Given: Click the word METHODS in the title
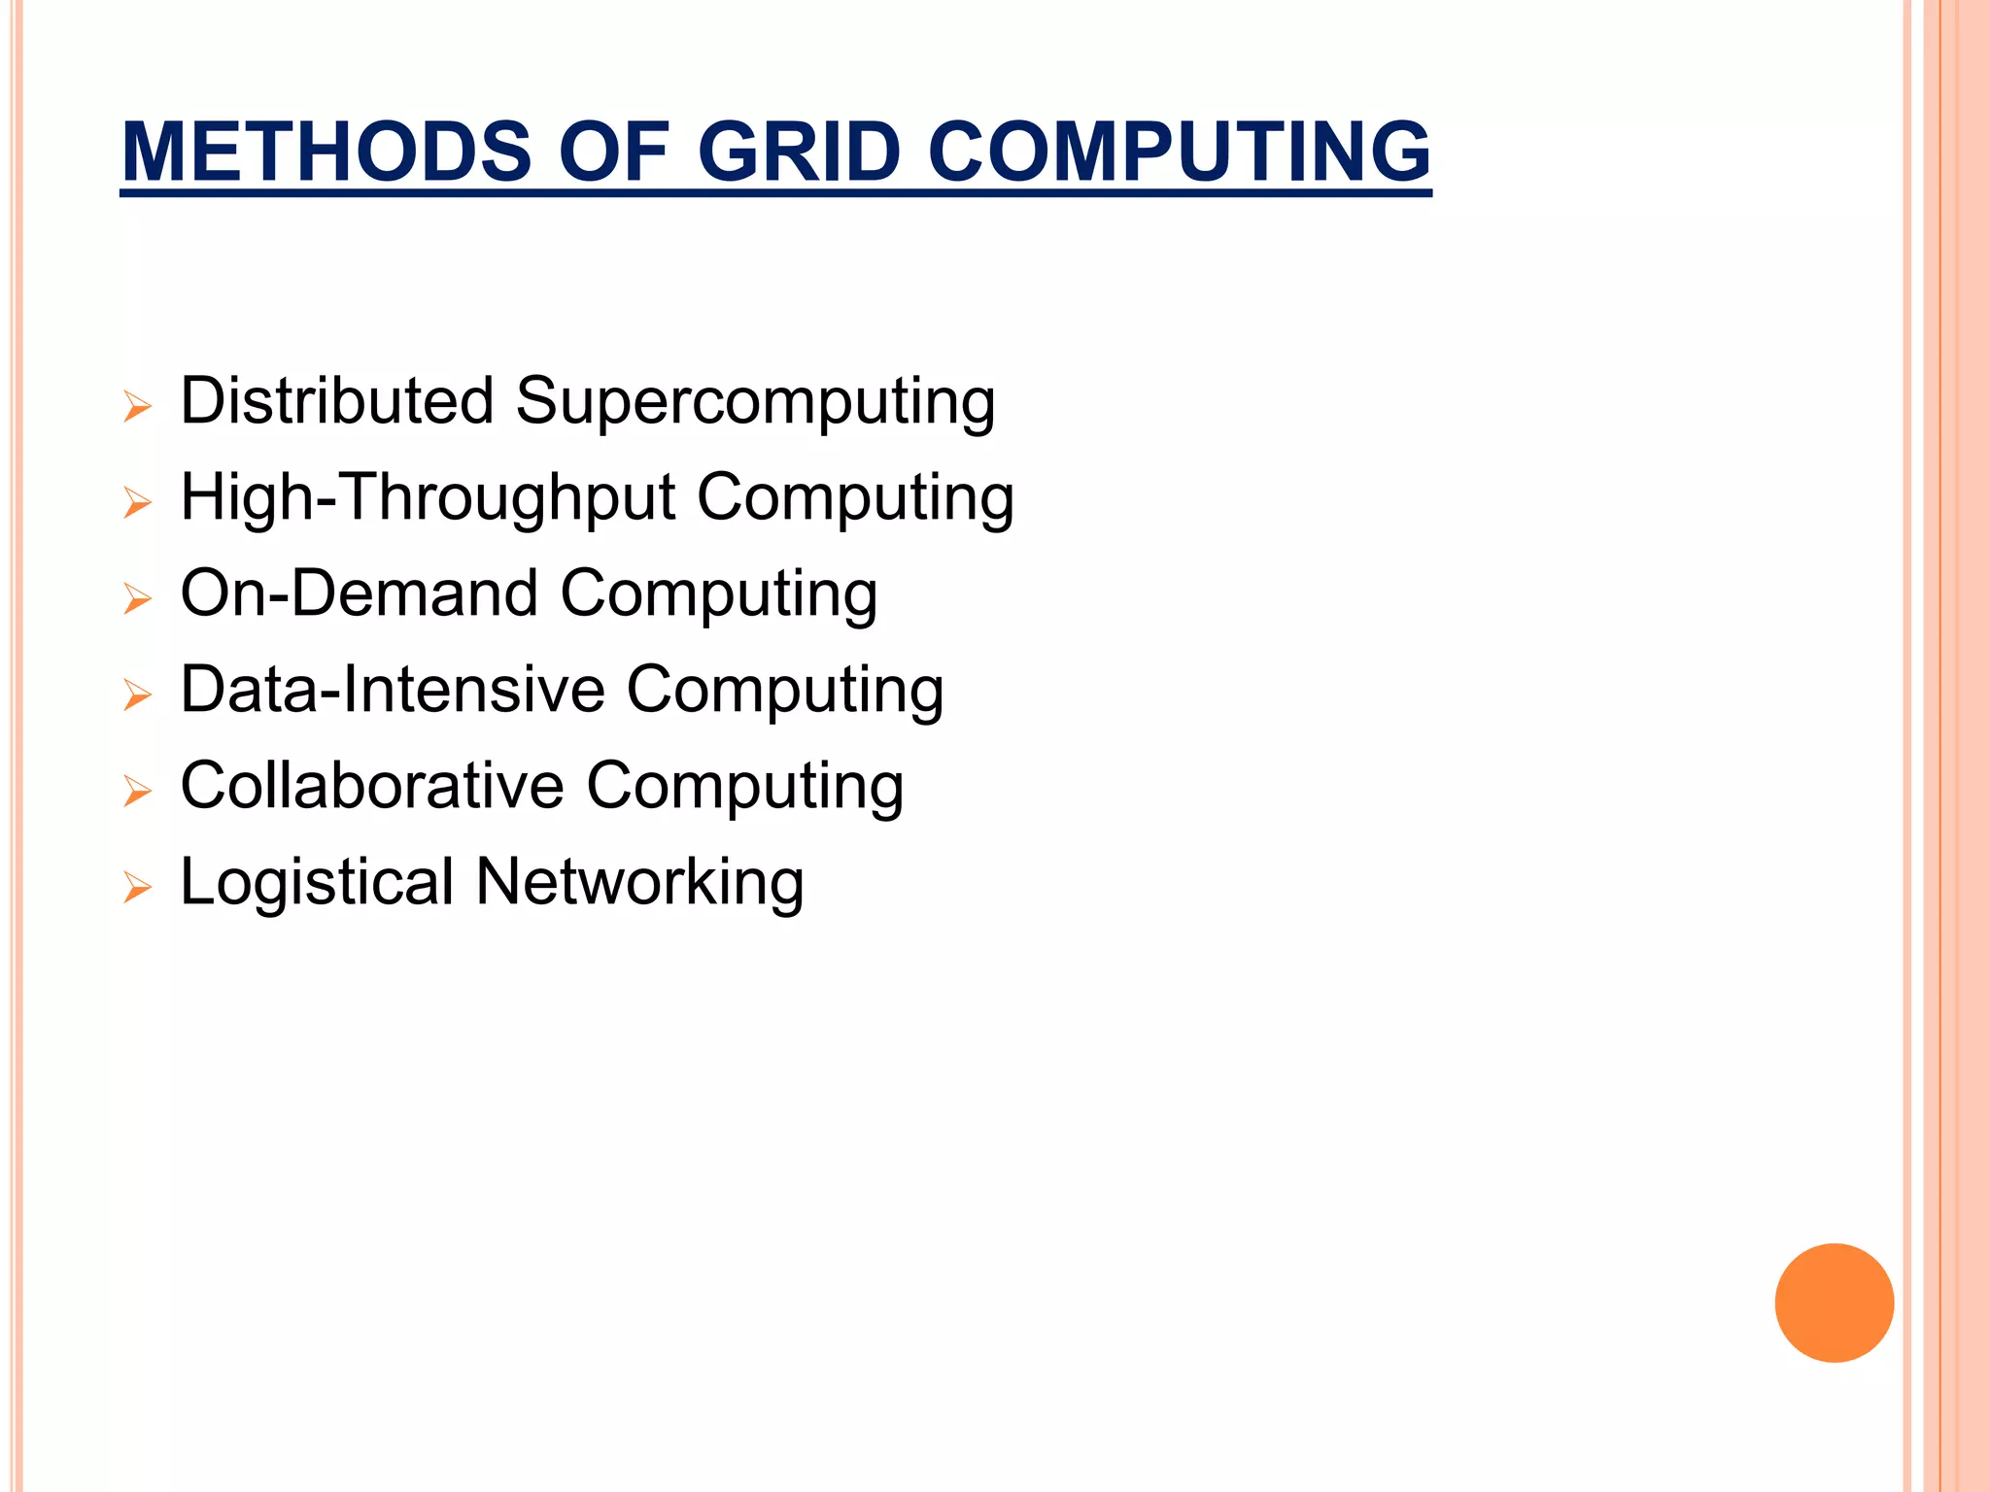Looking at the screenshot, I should tap(326, 152).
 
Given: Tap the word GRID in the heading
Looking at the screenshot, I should tap(799, 152).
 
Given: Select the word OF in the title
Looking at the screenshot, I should tap(614, 152).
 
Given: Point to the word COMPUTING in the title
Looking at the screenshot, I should tap(1179, 152).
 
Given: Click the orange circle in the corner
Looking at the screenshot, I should tap(1834, 1303).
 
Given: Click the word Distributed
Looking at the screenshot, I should tap(337, 400).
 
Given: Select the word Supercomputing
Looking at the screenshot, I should tap(755, 402).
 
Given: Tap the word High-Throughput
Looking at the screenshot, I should tap(428, 498).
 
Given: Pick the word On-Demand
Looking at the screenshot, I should tap(360, 593).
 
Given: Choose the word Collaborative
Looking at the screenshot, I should tap(372, 785).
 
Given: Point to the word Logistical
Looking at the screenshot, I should tap(318, 883).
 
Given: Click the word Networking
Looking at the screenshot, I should tap(639, 883).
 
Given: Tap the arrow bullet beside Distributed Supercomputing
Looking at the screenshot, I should tap(138, 406).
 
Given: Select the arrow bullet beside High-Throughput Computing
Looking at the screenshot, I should tap(138, 502).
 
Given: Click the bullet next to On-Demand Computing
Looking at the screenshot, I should tap(138, 598).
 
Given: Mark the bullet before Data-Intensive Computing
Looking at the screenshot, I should tap(138, 695).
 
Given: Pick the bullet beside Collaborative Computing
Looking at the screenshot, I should tap(138, 791).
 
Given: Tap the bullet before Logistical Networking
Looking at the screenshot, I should tap(138, 887).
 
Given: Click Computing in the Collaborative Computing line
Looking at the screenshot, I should tap(745, 787).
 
